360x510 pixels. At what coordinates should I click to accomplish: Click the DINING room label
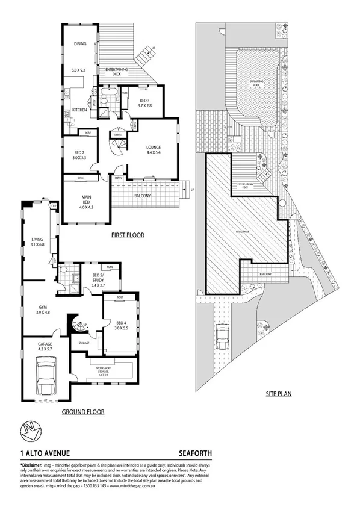pos(80,44)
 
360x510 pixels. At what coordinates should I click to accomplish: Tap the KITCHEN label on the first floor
pos(80,110)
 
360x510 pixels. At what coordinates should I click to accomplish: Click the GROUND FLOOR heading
pos(83,412)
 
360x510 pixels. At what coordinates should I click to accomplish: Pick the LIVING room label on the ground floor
pos(37,241)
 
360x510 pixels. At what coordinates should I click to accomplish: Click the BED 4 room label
pos(122,326)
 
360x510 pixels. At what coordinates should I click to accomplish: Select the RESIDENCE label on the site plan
pos(244,231)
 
